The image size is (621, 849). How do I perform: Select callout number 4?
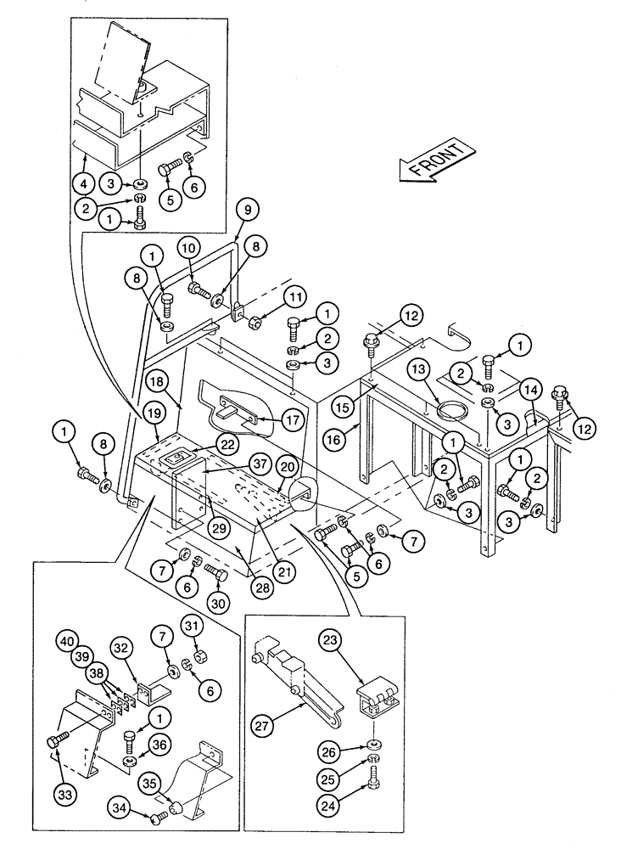click(x=83, y=182)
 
